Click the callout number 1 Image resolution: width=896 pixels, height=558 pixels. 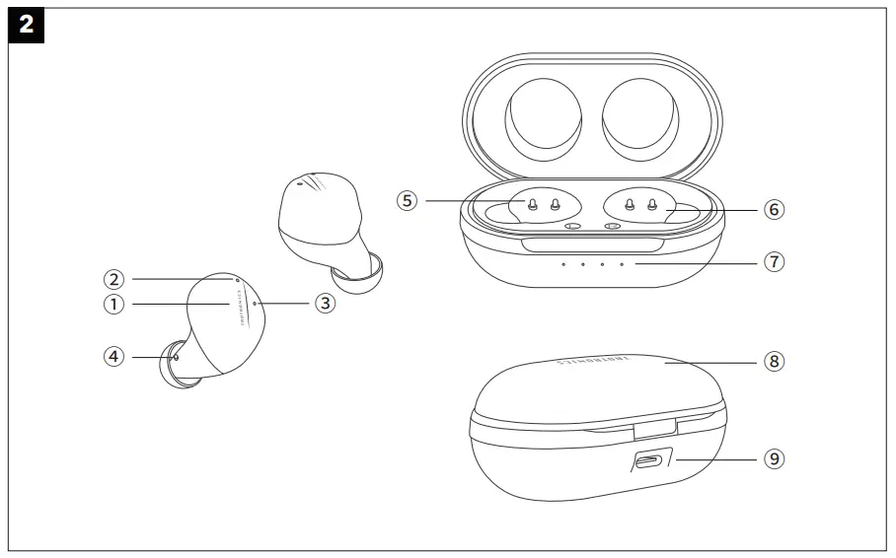tap(115, 305)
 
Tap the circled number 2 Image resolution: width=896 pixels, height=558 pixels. tap(115, 279)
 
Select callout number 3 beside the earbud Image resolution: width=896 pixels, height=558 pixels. tap(325, 304)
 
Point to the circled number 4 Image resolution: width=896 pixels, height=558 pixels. tap(115, 357)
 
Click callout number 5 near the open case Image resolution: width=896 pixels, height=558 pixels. tap(407, 201)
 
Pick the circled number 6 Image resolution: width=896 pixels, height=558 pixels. tap(773, 210)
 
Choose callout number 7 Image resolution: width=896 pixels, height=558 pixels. tap(774, 262)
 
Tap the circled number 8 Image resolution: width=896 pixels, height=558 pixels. tap(774, 362)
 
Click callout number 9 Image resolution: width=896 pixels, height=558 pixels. tap(774, 459)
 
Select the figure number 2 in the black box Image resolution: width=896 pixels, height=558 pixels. tap(26, 25)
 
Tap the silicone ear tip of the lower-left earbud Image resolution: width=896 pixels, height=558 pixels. tap(173, 367)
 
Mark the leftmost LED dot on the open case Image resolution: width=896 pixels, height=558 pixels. tap(563, 264)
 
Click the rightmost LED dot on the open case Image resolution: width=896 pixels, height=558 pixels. tap(622, 264)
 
